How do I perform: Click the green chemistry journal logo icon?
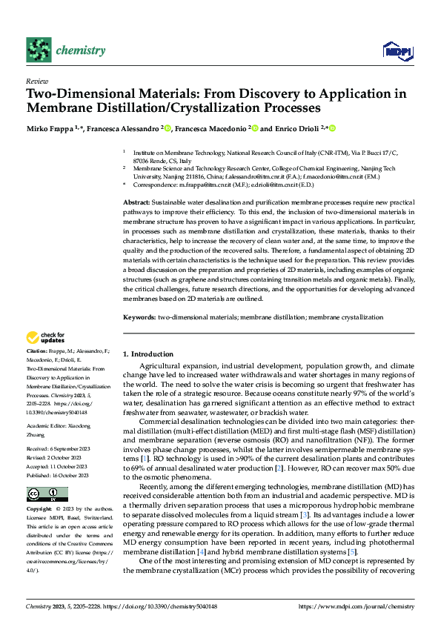(x=39, y=50)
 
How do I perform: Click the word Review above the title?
(x=36, y=81)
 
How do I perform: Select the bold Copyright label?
(x=39, y=510)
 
